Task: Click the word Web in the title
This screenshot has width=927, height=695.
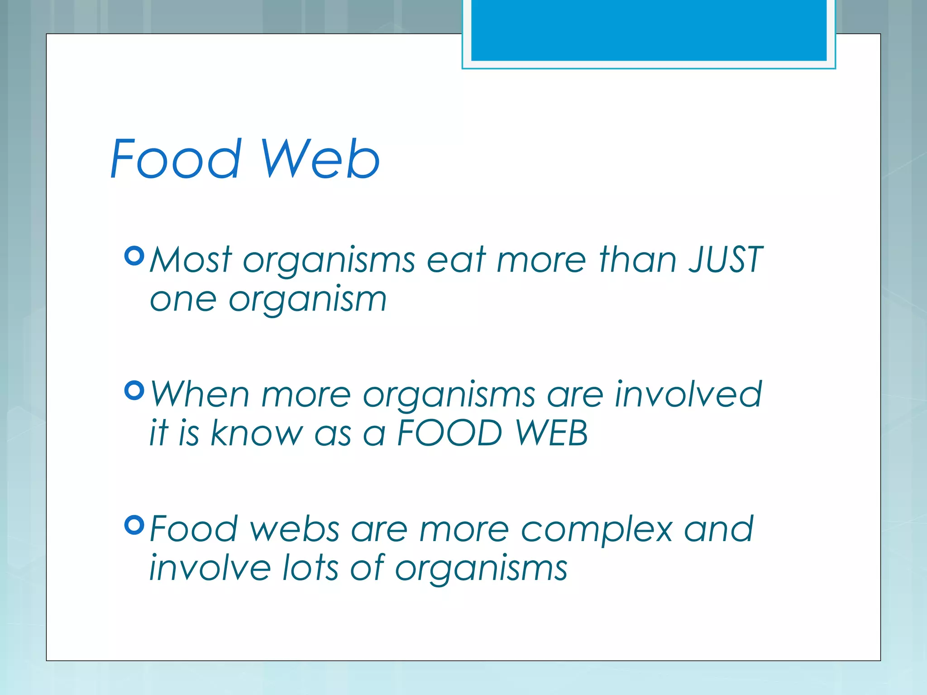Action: [320, 159]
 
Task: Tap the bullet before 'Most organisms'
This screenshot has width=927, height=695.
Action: [134, 256]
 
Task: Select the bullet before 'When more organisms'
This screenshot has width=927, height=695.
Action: [134, 390]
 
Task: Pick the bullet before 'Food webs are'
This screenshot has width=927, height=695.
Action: [134, 525]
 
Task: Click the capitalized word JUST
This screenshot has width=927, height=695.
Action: [726, 260]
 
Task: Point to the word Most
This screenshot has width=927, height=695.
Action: [191, 260]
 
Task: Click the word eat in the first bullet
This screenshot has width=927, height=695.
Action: [456, 261]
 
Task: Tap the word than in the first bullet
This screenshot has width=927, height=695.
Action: [638, 260]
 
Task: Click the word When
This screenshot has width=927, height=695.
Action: [200, 394]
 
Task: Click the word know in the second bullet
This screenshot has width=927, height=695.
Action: [257, 433]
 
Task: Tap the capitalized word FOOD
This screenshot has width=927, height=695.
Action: [449, 433]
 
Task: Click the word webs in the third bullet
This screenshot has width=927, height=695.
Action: [295, 529]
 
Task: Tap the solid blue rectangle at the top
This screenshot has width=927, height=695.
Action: [649, 30]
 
